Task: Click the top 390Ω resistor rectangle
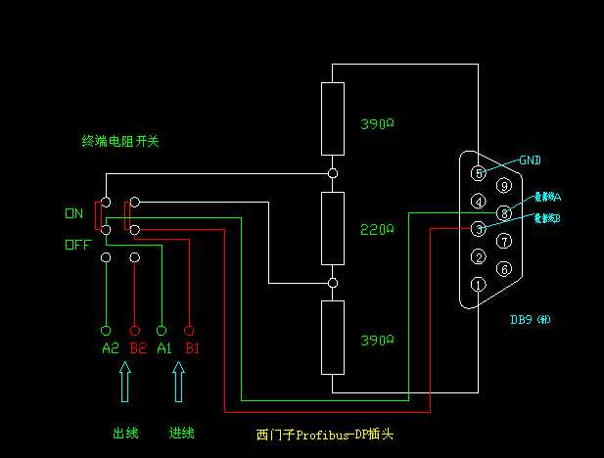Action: [333, 119]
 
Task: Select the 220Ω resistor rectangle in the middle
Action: [333, 229]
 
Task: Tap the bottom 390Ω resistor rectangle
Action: [333, 337]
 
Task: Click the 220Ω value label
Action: [377, 229]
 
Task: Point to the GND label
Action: [530, 160]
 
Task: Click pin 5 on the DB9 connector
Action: [479, 173]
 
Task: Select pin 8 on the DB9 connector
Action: [504, 212]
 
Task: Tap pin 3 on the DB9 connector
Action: [479, 229]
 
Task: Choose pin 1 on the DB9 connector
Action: [479, 285]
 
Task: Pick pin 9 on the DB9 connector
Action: [504, 185]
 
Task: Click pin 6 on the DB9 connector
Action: [504, 268]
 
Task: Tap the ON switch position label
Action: [74, 212]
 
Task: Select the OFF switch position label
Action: [77, 246]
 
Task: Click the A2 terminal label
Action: [109, 347]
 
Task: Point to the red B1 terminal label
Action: [192, 347]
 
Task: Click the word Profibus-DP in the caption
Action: [333, 433]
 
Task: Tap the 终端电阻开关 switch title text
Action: [119, 141]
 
